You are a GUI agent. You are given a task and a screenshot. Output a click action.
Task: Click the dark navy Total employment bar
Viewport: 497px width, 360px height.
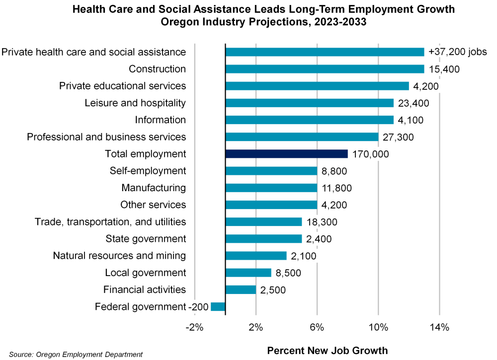pyautogui.click(x=286, y=154)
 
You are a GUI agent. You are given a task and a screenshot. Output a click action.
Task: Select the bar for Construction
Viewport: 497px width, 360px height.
pyautogui.click(x=325, y=69)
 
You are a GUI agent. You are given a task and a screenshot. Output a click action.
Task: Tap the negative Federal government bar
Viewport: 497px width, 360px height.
pyautogui.click(x=218, y=307)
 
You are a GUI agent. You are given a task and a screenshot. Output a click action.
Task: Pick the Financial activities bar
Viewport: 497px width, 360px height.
pyautogui.click(x=241, y=290)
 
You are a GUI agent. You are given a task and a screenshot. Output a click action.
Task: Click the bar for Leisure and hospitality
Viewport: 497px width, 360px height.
pyautogui.click(x=309, y=103)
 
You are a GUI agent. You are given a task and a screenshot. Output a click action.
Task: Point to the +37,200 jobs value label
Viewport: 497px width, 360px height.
pyautogui.click(x=457, y=52)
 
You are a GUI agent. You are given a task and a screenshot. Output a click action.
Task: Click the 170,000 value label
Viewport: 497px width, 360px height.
pyautogui.click(x=370, y=154)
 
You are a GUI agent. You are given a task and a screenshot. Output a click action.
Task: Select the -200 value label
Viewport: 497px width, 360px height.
pyautogui.click(x=198, y=307)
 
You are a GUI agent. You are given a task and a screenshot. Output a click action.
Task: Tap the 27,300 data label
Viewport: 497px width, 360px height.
pyautogui.click(x=398, y=137)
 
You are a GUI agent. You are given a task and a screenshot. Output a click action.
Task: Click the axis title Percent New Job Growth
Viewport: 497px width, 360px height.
pyautogui.click(x=327, y=351)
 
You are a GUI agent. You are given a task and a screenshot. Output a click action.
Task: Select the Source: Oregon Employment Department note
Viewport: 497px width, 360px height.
pyautogui.click(x=76, y=355)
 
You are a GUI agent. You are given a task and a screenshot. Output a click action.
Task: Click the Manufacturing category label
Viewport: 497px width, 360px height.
pyautogui.click(x=154, y=188)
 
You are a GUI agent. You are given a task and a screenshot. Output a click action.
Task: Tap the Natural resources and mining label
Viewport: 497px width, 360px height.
pyautogui.click(x=119, y=256)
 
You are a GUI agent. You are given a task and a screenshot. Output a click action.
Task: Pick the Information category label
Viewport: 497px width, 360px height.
pyautogui.click(x=161, y=120)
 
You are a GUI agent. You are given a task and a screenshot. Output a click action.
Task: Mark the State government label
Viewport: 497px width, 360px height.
pyautogui.click(x=146, y=239)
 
